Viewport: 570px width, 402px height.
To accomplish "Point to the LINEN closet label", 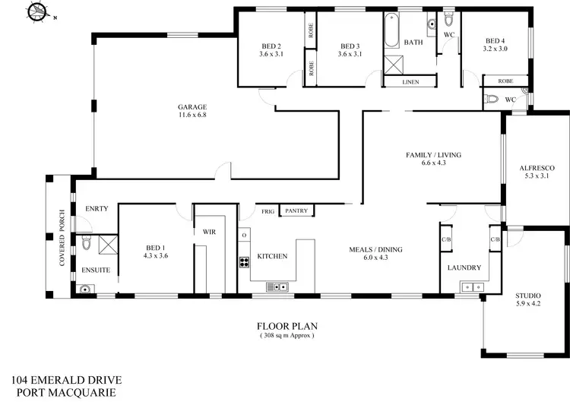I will coord(410,82).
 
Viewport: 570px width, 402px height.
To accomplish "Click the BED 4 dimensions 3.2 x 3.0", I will coord(495,49).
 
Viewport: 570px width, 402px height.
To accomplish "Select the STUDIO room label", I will coord(528,295).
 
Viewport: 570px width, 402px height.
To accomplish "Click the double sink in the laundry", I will coord(472,286).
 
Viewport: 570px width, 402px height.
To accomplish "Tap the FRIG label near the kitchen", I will coord(268,210).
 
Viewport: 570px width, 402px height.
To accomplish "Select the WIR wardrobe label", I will coord(208,233).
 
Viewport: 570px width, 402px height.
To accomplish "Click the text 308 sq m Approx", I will coord(287,334).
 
